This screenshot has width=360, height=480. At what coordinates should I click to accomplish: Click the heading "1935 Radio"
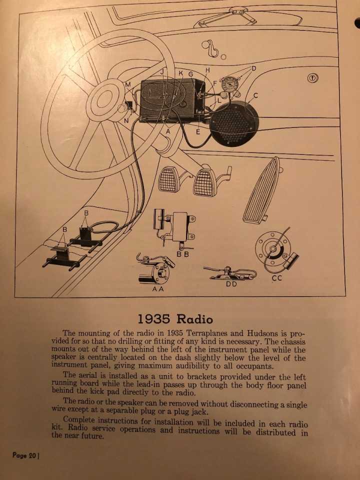[x=175, y=319]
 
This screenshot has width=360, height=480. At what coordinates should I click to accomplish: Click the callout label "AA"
[x=158, y=288]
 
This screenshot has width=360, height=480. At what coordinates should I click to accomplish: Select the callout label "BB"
[x=183, y=254]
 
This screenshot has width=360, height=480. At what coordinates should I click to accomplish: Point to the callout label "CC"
[x=277, y=278]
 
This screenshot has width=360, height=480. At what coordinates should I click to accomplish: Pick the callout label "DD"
[x=231, y=284]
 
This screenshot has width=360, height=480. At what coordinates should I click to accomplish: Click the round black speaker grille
[x=234, y=123]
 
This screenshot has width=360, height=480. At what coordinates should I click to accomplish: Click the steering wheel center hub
[x=105, y=100]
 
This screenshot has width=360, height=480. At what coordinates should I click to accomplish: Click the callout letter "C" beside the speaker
[x=255, y=95]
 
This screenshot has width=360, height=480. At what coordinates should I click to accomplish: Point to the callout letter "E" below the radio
[x=198, y=132]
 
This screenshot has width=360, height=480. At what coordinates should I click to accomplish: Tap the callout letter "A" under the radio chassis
[x=168, y=131]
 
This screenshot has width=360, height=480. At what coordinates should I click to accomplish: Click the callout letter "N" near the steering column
[x=126, y=121]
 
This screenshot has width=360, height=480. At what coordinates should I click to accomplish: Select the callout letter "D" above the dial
[x=254, y=68]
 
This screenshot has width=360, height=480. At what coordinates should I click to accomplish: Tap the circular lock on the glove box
[x=312, y=78]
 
